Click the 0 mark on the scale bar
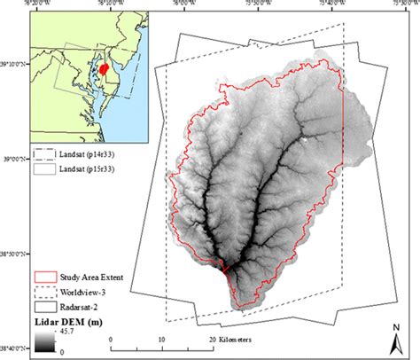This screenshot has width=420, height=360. (x=111, y=340)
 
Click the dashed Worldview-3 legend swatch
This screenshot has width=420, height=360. (x=43, y=291)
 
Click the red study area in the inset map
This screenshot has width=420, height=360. (x=105, y=68)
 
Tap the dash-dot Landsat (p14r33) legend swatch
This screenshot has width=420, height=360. (x=43, y=153)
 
